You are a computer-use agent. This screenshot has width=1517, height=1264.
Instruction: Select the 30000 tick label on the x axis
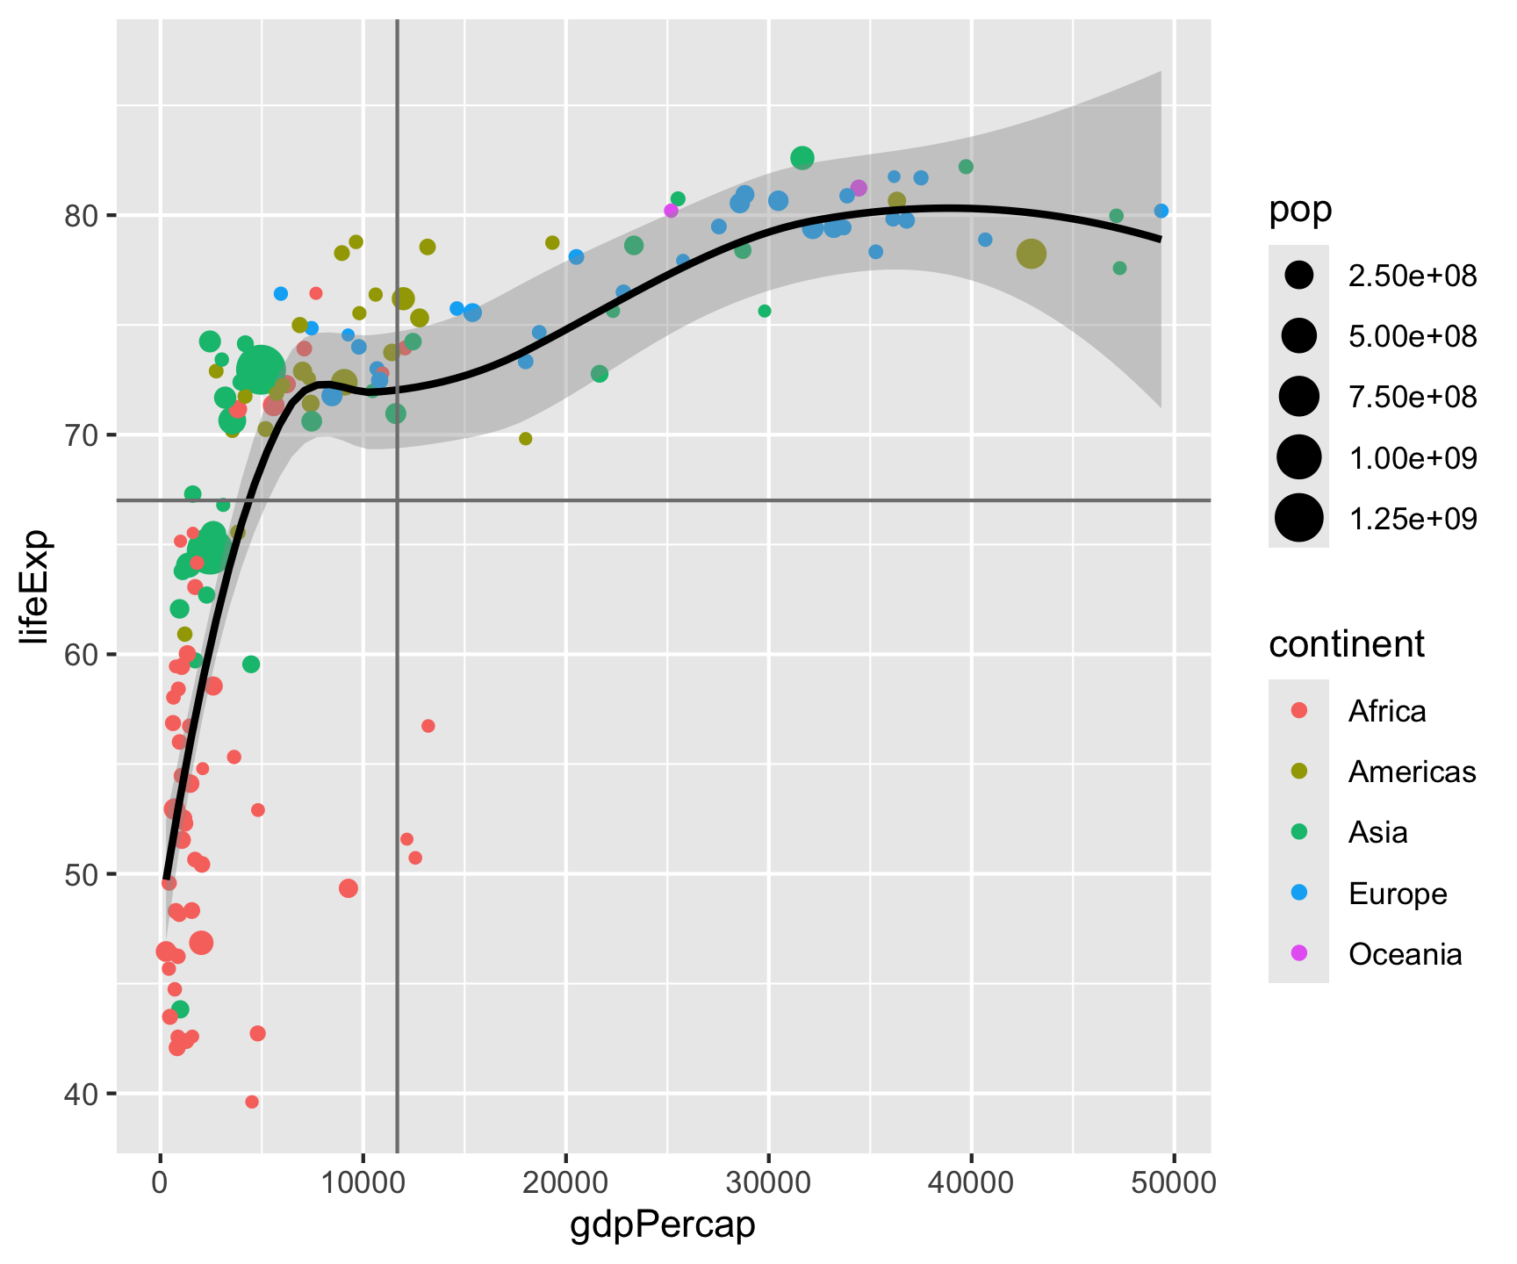point(768,1182)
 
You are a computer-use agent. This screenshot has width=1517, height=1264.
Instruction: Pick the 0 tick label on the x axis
point(160,1182)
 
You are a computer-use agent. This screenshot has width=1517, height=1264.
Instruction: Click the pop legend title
point(1300,211)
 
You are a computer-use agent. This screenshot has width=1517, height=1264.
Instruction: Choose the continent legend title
point(1347,644)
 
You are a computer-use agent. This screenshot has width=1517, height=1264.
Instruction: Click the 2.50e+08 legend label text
point(1413,276)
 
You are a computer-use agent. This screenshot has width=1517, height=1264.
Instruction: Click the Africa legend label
point(1387,710)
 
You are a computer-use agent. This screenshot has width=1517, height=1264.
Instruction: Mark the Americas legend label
point(1412,772)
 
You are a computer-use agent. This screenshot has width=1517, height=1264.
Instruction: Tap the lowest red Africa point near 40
point(252,1102)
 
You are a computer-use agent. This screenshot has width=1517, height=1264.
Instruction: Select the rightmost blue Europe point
point(1161,211)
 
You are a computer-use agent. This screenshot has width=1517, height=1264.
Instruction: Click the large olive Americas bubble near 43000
point(1031,254)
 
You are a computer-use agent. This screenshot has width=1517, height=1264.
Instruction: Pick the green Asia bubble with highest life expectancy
point(802,158)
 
